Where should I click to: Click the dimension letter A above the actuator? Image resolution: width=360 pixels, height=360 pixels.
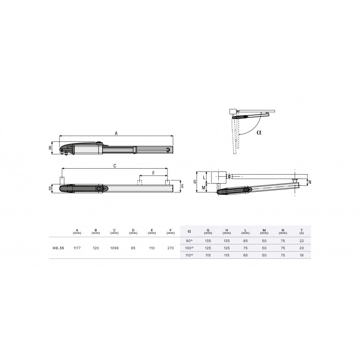[x=116, y=133]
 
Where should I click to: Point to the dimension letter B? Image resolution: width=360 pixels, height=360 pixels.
[x=50, y=148]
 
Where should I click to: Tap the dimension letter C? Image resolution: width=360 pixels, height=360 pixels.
[x=115, y=166]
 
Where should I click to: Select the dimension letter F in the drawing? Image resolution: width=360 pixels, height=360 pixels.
[x=153, y=173]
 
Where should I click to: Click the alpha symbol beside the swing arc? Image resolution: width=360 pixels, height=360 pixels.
[x=259, y=132]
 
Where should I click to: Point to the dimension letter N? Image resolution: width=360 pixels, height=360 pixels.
[x=310, y=182]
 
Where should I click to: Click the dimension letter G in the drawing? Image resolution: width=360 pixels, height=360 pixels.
[x=195, y=182]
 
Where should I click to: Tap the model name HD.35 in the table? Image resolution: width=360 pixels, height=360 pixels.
[x=58, y=248]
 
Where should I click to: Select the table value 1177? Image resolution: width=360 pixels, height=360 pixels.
[x=77, y=248]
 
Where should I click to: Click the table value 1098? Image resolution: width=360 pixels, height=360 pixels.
[x=114, y=248]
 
